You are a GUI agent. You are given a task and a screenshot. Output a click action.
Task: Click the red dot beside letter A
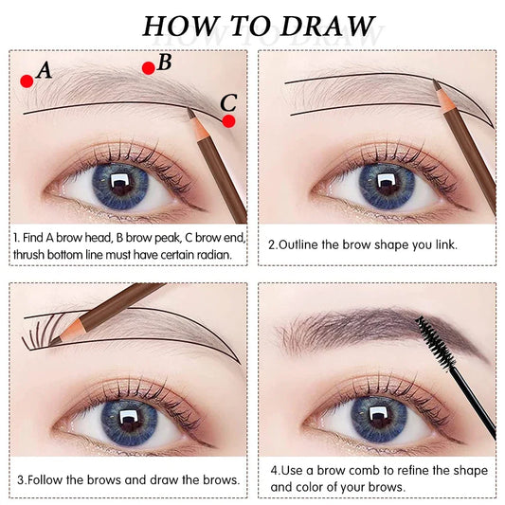click(x=27, y=81)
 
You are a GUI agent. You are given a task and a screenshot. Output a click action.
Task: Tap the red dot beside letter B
click(x=148, y=67)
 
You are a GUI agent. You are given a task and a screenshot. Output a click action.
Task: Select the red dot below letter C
click(x=228, y=120)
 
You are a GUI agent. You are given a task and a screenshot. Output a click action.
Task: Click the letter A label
click(x=43, y=69)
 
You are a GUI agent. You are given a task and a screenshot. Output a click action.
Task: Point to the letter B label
click(x=164, y=63)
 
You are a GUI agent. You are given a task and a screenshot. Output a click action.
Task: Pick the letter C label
click(x=227, y=103)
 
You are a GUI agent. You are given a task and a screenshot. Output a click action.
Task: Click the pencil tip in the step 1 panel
click(x=189, y=112)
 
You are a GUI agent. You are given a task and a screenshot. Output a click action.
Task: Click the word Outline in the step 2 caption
click(x=304, y=244)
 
